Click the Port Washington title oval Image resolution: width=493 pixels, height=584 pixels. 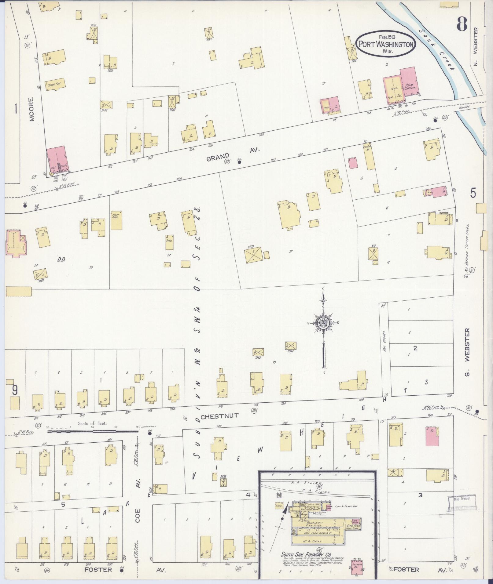[x=386, y=44]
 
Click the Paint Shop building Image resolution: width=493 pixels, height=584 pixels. [x=116, y=220]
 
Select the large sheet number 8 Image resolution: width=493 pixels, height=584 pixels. [x=462, y=23]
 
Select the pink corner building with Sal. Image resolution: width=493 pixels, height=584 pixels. [x=57, y=159]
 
